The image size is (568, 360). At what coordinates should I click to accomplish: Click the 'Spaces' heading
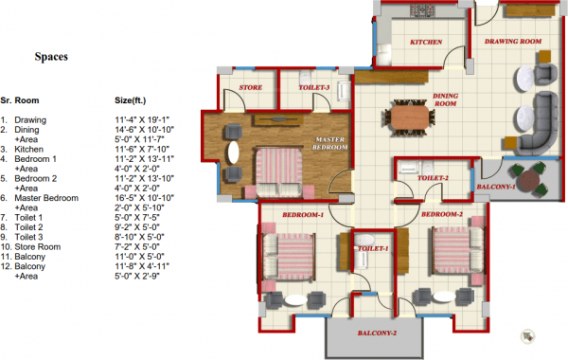pos(50,57)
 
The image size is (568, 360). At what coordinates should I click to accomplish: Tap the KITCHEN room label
pos(427,43)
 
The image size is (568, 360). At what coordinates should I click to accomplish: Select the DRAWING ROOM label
pos(512,43)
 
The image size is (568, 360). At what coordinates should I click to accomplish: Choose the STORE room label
pos(251,88)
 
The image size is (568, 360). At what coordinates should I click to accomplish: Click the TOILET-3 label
pos(314,88)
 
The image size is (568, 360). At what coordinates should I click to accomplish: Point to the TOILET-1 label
pos(372,248)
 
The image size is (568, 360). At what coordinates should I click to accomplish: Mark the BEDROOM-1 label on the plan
pos(304,217)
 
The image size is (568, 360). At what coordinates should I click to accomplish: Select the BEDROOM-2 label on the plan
pos(441,215)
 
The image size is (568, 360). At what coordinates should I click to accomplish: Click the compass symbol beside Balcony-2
pos(527,333)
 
